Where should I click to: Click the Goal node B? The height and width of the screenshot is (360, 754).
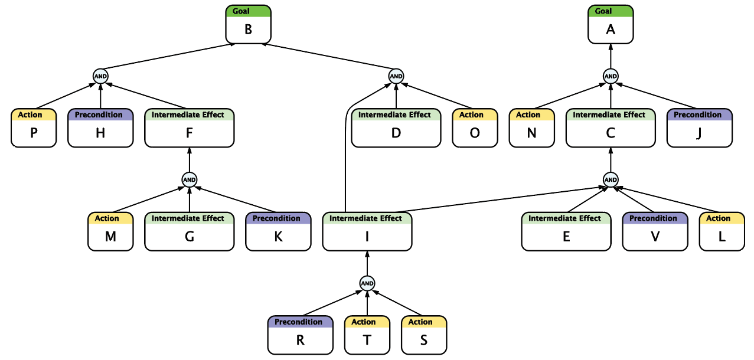pyautogui.click(x=248, y=24)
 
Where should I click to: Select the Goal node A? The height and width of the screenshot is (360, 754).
pyautogui.click(x=611, y=24)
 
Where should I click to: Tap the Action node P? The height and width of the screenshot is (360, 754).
pyautogui.click(x=34, y=128)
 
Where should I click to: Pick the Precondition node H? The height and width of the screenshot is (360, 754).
pyautogui.click(x=100, y=128)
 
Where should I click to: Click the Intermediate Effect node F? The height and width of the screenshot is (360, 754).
pyautogui.click(x=189, y=128)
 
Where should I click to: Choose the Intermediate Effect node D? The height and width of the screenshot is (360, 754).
pyautogui.click(x=396, y=128)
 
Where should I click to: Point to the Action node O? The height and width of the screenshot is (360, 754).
pyautogui.click(x=475, y=128)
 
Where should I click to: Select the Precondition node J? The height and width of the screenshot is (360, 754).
pyautogui.click(x=700, y=128)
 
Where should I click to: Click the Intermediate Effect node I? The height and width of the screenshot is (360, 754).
pyautogui.click(x=367, y=231)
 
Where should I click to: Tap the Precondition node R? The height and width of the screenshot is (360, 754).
pyautogui.click(x=301, y=335)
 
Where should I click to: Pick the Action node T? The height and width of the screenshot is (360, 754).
pyautogui.click(x=367, y=335)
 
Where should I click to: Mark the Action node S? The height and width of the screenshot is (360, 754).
pyautogui.click(x=424, y=335)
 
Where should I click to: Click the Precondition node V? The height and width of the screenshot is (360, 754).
pyautogui.click(x=655, y=231)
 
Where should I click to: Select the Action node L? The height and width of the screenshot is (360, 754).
pyautogui.click(x=722, y=231)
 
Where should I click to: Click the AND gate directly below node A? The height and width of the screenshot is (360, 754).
pyautogui.click(x=611, y=76)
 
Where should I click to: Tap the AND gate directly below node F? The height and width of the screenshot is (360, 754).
pyautogui.click(x=189, y=179)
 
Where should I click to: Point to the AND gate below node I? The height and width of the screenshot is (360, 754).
pyautogui.click(x=367, y=283)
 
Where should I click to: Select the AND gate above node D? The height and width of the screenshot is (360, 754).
pyautogui.click(x=396, y=76)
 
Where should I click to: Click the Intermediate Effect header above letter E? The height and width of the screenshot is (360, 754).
pyautogui.click(x=564, y=218)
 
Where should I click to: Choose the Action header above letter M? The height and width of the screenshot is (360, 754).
pyautogui.click(x=107, y=218)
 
